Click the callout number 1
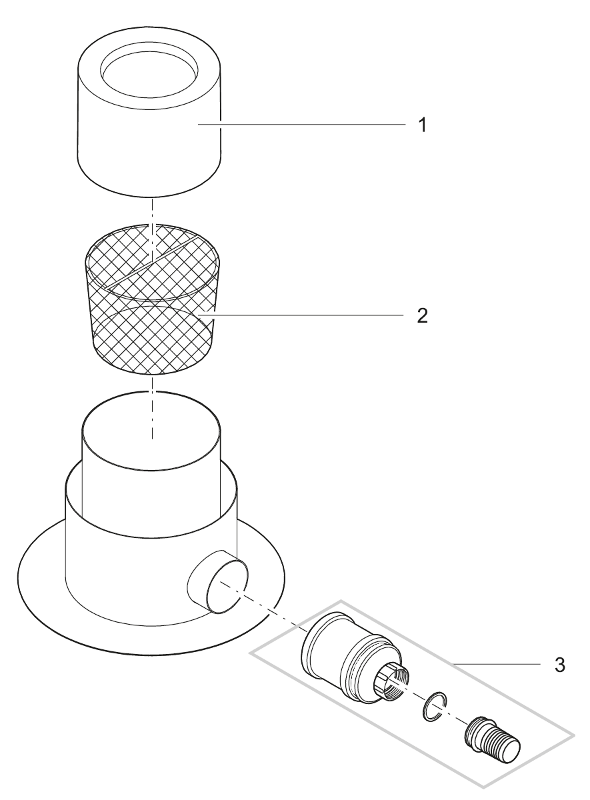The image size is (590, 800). [421, 125]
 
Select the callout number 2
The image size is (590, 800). [421, 315]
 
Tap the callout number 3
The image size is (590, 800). [561, 665]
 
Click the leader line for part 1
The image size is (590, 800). [300, 124]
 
